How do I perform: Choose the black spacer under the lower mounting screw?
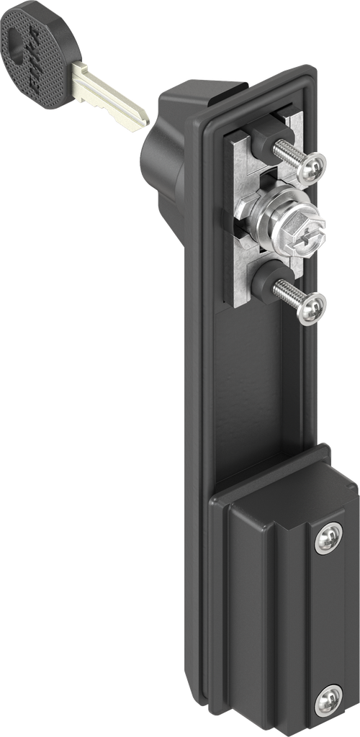[x=264, y=283]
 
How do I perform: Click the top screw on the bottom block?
[x=328, y=537]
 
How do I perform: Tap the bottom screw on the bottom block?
[x=328, y=700]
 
